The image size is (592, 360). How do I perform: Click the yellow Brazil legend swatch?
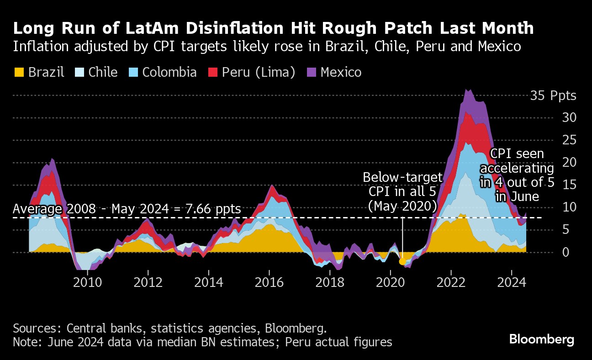coord(19,72)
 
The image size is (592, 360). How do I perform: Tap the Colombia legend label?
coord(169,72)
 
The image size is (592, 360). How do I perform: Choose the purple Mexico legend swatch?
coord(312,72)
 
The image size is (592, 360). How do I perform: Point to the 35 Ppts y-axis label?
coord(553,96)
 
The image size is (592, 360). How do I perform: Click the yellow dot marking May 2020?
coord(402,262)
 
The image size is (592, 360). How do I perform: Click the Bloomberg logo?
coord(542,339)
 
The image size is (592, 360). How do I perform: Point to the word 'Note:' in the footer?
coord(28,342)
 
